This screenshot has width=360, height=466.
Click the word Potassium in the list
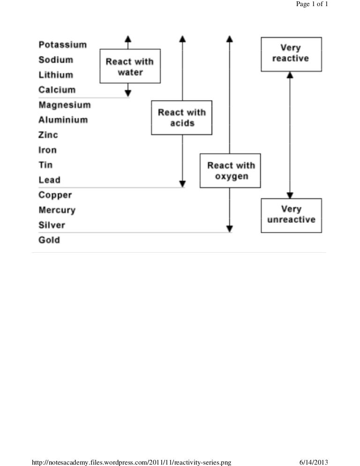pos(62,45)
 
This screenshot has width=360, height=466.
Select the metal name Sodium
pos(56,60)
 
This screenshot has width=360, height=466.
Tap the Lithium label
pos(56,75)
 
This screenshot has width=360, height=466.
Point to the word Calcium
pos(57,90)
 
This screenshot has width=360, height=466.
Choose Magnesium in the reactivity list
pos(64,105)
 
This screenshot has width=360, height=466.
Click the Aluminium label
pos(63,120)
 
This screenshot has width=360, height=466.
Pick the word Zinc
pos(48,135)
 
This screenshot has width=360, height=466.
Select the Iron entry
pos(47,150)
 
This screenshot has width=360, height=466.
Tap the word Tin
pos(45,165)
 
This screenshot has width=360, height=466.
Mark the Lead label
pos(49,180)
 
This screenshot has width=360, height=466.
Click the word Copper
pos(55,195)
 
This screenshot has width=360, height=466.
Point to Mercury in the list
pos(57,210)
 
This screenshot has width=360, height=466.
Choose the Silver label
pos(52,225)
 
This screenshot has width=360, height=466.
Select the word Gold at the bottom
pos(49,240)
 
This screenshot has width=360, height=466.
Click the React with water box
pos(130,67)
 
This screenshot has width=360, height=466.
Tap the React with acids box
pos(182,118)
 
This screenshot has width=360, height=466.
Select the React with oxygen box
pos(231,171)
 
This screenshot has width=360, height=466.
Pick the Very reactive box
pos(291,54)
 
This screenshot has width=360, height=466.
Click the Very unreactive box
pos(291,215)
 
